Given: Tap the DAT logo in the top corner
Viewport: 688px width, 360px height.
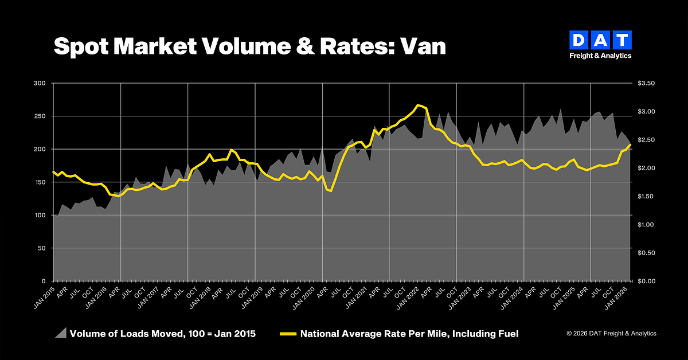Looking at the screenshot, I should pyautogui.click(x=600, y=41).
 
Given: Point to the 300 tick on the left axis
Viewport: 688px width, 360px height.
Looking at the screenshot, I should pyautogui.click(x=40, y=83).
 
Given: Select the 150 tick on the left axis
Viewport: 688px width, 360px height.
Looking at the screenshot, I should pyautogui.click(x=40, y=182).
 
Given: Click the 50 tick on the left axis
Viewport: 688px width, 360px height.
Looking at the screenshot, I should pyautogui.click(x=41, y=248).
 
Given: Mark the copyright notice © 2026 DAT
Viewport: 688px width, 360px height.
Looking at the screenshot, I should pyautogui.click(x=611, y=334).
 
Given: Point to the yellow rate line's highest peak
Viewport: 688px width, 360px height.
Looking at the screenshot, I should pyautogui.click(x=419, y=105).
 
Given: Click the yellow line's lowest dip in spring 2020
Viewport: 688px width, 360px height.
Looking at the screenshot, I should pyautogui.click(x=331, y=191).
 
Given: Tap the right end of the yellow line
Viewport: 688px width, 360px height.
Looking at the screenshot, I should pyautogui.click(x=631, y=144).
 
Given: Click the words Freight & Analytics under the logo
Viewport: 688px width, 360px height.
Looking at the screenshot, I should pyautogui.click(x=600, y=56).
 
